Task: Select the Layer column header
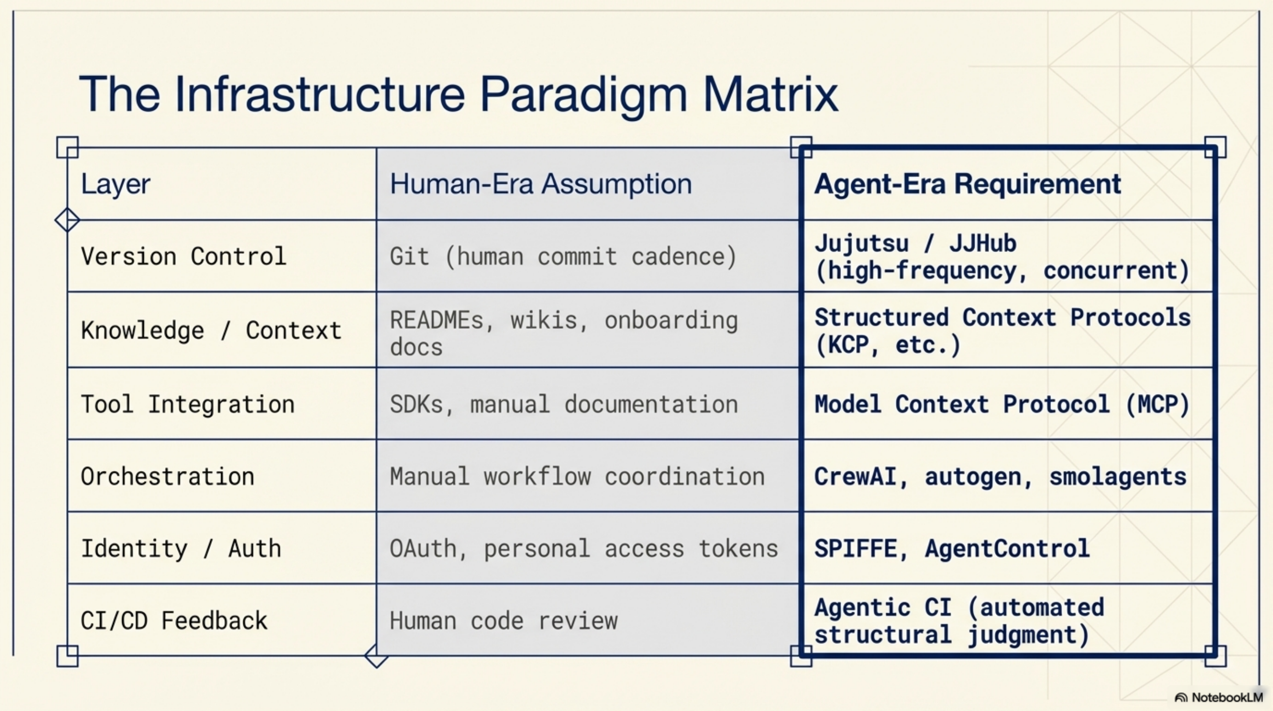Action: (x=115, y=184)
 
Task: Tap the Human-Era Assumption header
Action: (x=541, y=184)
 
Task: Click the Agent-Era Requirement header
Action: (x=967, y=184)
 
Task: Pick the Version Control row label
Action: (x=183, y=256)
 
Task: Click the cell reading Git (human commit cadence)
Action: (x=563, y=256)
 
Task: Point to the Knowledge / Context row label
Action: (x=211, y=330)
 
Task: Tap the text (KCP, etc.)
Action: (x=887, y=345)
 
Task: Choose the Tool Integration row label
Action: (x=187, y=404)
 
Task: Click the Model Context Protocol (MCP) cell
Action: (x=1002, y=404)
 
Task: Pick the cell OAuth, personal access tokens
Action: (x=583, y=548)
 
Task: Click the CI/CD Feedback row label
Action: (x=174, y=620)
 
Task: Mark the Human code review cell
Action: (x=503, y=620)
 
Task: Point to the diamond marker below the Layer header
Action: (x=67, y=220)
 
